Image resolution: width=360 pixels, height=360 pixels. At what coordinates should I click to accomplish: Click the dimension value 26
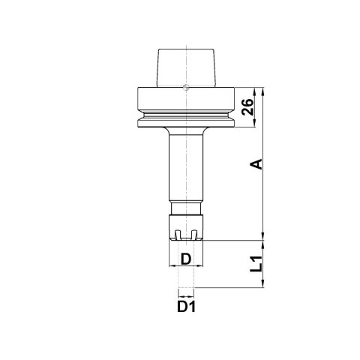click(247, 107)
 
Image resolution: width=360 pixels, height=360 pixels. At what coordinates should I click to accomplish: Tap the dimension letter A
click(256, 164)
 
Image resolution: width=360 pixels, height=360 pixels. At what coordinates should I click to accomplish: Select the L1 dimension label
click(256, 264)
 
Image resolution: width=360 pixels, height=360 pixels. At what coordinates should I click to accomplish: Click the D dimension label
click(186, 259)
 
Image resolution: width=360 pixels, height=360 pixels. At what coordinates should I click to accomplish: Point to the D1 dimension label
click(186, 307)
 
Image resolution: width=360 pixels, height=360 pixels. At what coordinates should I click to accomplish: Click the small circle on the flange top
click(186, 87)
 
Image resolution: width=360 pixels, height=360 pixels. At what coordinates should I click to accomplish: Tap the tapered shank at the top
click(186, 68)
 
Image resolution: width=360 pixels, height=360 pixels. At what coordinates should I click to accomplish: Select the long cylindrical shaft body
click(186, 167)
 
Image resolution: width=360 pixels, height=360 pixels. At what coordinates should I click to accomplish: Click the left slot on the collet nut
click(178, 234)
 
